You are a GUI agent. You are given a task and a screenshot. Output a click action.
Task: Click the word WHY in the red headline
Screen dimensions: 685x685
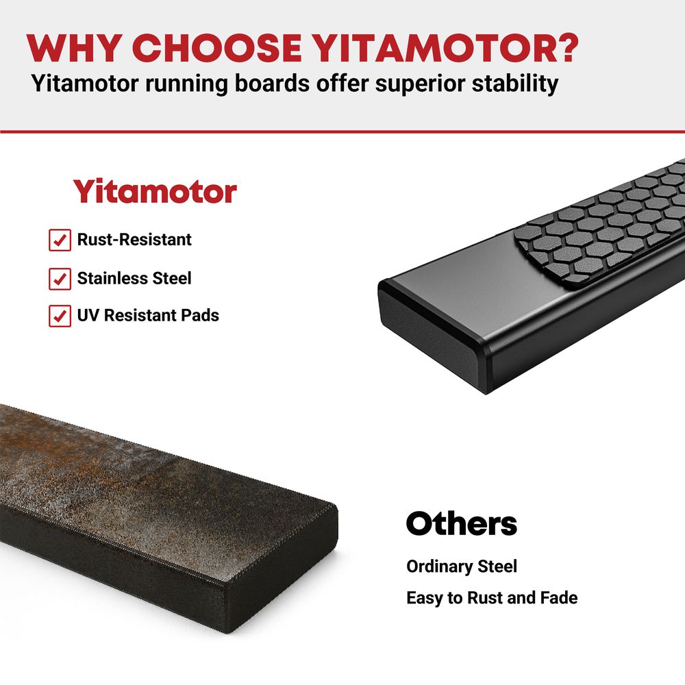tap(74, 48)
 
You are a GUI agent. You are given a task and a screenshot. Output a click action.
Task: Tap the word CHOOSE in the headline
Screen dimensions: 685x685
tap(217, 48)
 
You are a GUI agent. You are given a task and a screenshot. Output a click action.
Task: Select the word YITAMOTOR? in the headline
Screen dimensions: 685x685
tap(446, 48)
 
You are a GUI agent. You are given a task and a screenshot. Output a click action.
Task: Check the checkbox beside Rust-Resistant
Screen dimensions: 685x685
tap(60, 240)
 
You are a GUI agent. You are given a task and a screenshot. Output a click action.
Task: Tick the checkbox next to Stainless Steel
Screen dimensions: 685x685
tap(60, 279)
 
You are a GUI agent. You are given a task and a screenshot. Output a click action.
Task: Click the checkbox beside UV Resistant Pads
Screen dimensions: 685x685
tap(60, 316)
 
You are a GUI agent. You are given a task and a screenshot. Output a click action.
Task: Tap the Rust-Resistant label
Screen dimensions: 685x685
tap(134, 239)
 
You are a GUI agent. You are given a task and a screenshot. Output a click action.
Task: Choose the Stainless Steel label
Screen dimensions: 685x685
tap(134, 278)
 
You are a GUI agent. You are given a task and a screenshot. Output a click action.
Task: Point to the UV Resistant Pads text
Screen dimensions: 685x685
tap(148, 315)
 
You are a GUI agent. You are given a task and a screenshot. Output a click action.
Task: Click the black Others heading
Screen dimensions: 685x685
tap(461, 523)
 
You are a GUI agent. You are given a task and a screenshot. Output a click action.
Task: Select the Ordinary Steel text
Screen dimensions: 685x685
tap(461, 566)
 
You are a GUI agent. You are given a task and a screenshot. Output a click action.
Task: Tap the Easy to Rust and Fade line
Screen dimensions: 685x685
tap(492, 597)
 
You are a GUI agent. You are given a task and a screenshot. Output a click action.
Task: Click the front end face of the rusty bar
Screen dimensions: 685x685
tap(282, 568)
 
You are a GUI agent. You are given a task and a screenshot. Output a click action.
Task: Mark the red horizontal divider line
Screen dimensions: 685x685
tap(342, 131)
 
